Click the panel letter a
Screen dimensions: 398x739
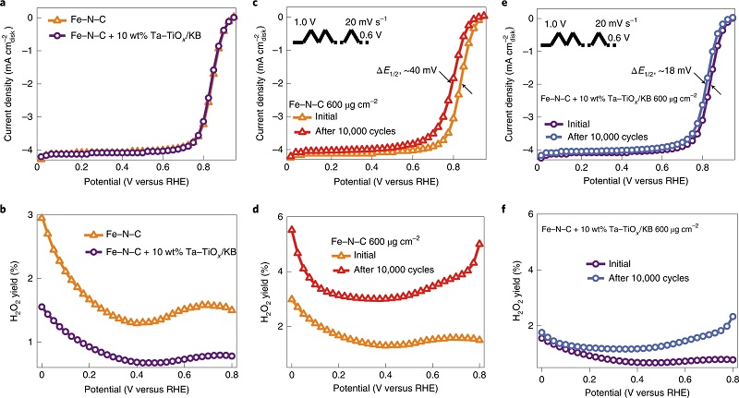pos(5,6)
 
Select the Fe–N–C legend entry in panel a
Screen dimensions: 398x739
pos(91,19)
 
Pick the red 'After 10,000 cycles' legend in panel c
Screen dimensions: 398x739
pos(363,131)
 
